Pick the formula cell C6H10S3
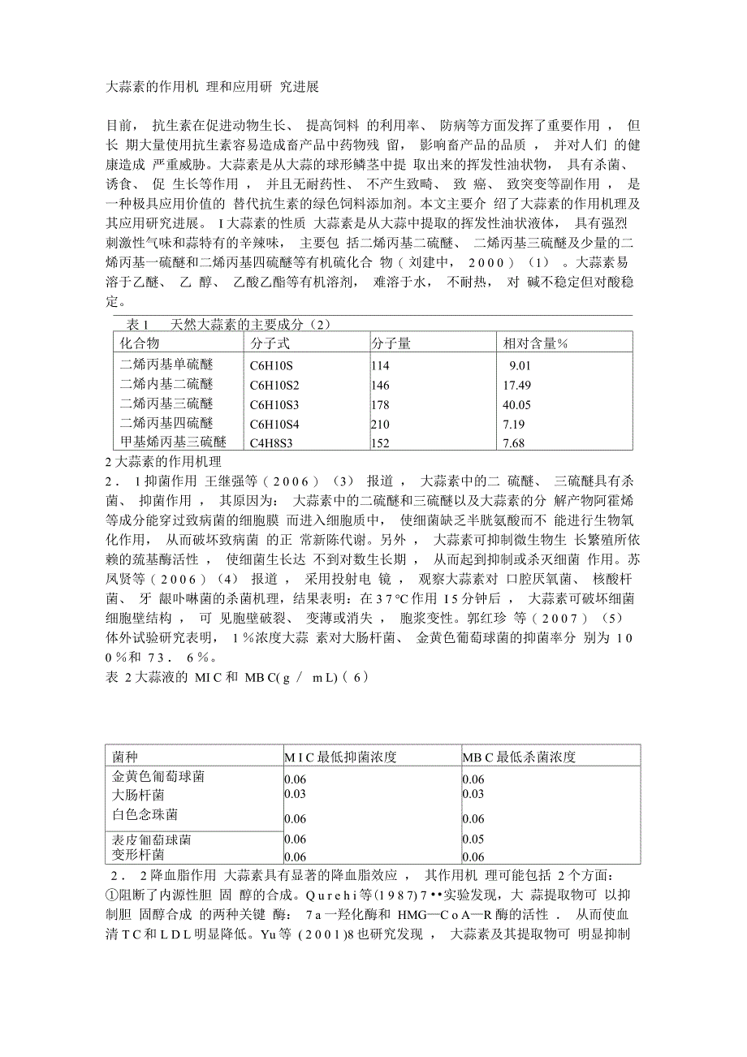274,404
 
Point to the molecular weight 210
380,424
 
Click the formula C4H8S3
274,443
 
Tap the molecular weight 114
380,365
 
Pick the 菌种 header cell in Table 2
124,757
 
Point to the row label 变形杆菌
137,855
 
